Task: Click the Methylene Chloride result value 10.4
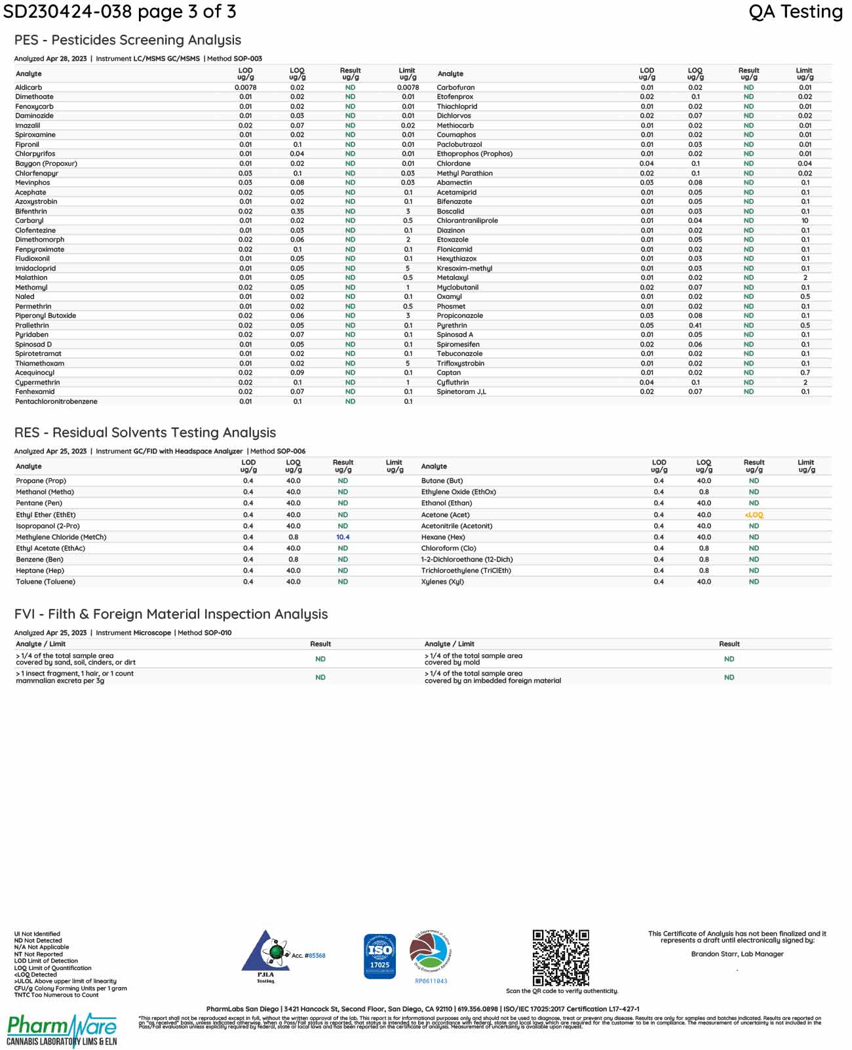[x=343, y=537]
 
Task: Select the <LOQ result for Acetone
[x=754, y=515]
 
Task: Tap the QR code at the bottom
[x=560, y=958]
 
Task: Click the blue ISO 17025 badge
[x=379, y=956]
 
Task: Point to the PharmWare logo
[x=62, y=1030]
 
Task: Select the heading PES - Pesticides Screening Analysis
[x=128, y=40]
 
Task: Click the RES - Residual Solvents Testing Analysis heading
[x=145, y=433]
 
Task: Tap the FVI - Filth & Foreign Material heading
[x=171, y=614]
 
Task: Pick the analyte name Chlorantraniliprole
[x=467, y=221]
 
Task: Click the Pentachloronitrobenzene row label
[x=56, y=401]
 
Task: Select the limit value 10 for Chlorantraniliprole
[x=805, y=221]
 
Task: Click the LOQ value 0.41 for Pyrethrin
[x=695, y=325]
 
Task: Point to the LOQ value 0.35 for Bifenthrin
[x=297, y=212]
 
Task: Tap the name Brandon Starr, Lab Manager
[x=737, y=954]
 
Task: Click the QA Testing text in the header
[x=795, y=12]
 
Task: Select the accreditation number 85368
[x=317, y=956]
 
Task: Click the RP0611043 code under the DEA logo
[x=431, y=981]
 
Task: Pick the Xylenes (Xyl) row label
[x=442, y=582]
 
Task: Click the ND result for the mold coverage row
[x=729, y=659]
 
